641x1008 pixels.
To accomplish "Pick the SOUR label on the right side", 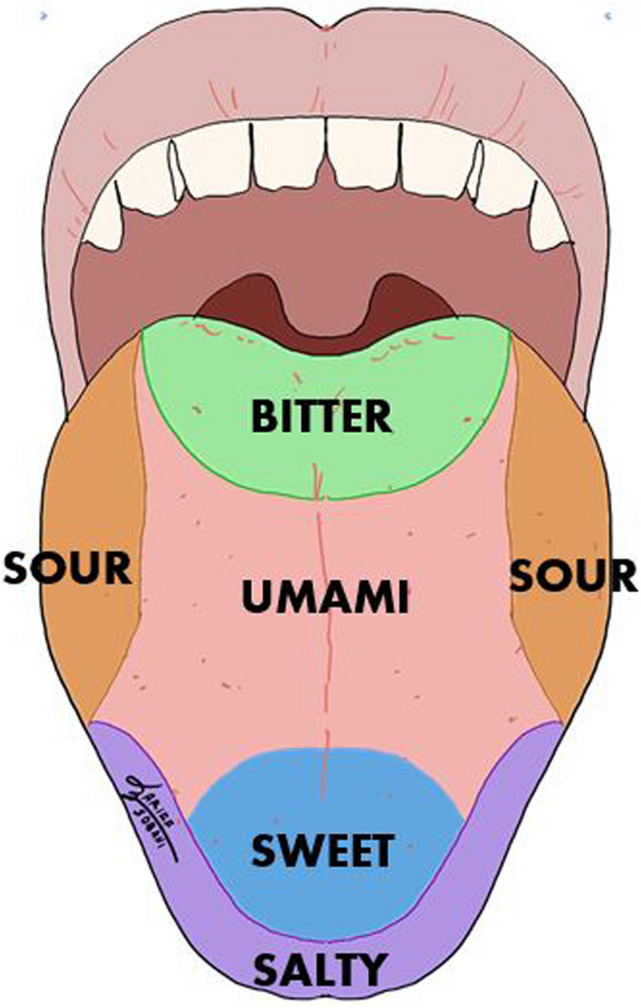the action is coord(573,574).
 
